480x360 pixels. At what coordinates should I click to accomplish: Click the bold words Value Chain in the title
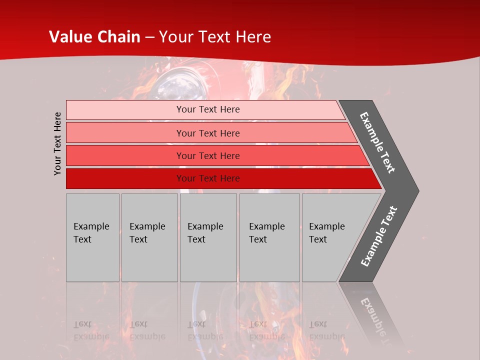[x=95, y=37]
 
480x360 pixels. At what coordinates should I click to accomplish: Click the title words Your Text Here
[x=215, y=37]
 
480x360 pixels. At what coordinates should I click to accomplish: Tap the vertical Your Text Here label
[x=58, y=143]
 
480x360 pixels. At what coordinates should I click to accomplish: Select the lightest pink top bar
[x=125, y=110]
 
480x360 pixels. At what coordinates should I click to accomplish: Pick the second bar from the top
[x=125, y=133]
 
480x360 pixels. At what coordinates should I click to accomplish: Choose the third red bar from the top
[x=125, y=155]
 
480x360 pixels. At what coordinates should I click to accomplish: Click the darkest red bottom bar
[x=125, y=178]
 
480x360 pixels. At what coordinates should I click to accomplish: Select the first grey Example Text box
[x=92, y=237]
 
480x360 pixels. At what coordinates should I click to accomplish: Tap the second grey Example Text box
[x=149, y=237]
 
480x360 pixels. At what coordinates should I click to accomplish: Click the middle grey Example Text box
[x=208, y=237]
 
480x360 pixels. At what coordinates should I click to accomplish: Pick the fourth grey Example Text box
[x=269, y=237]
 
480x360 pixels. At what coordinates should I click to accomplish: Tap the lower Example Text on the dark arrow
[x=379, y=236]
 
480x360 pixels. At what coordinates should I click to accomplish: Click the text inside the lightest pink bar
[x=208, y=109]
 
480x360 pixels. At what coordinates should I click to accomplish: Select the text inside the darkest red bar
[x=208, y=178]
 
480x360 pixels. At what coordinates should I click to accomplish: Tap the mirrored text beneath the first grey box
[x=91, y=330]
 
